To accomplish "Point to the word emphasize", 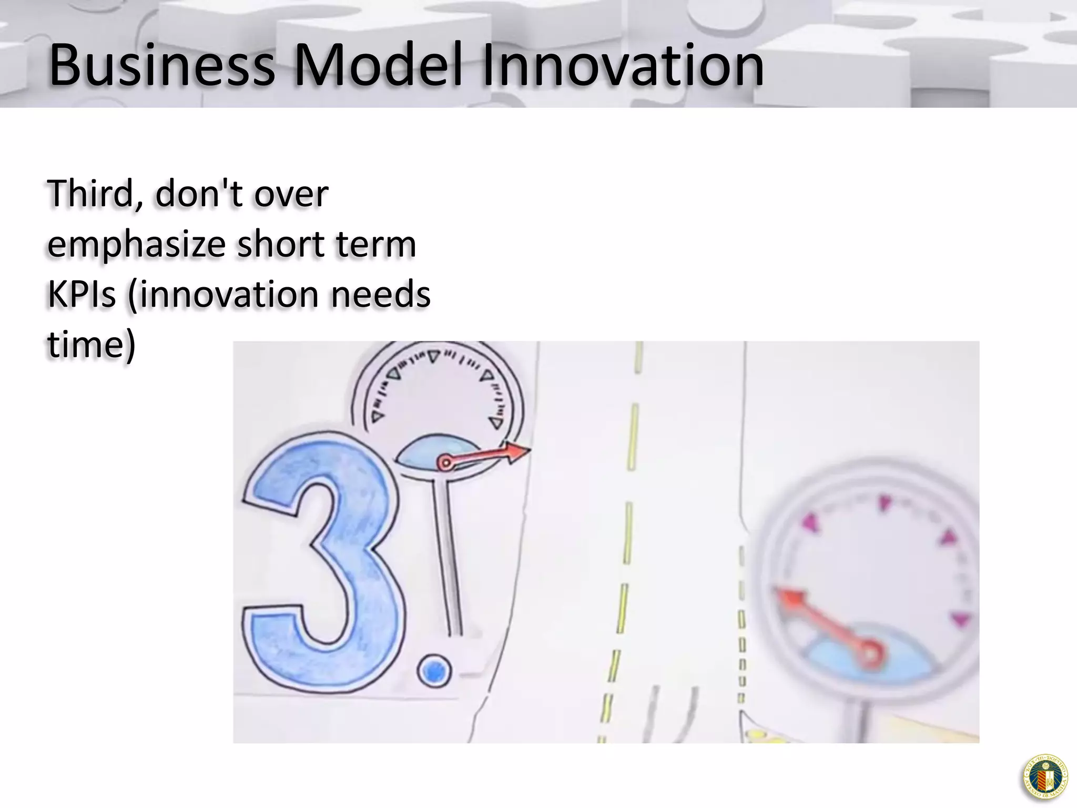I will tap(137, 245).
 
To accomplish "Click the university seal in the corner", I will tap(1044, 777).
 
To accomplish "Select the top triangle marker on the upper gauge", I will tap(433, 356).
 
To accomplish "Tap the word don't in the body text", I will tap(199, 194).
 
